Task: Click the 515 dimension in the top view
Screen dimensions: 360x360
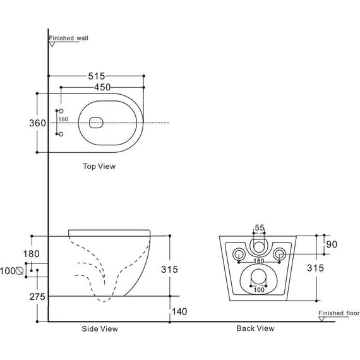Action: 104,76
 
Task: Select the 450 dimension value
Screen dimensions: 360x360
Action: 104,87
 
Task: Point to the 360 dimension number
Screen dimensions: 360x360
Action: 38,123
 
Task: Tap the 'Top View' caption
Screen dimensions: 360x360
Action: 99,167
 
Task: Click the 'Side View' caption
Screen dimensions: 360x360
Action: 100,328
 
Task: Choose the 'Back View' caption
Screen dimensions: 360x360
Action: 255,328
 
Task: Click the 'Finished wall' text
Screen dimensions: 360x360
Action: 69,38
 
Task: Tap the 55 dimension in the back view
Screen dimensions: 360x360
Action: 259,228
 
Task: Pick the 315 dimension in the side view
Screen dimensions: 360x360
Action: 169,269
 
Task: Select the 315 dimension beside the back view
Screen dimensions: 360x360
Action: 316,268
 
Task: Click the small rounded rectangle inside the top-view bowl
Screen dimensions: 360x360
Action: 97,123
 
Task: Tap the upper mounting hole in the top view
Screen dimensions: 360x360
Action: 61,111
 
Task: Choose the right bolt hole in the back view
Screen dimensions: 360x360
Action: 279,254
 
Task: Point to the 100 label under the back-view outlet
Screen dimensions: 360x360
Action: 258,290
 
